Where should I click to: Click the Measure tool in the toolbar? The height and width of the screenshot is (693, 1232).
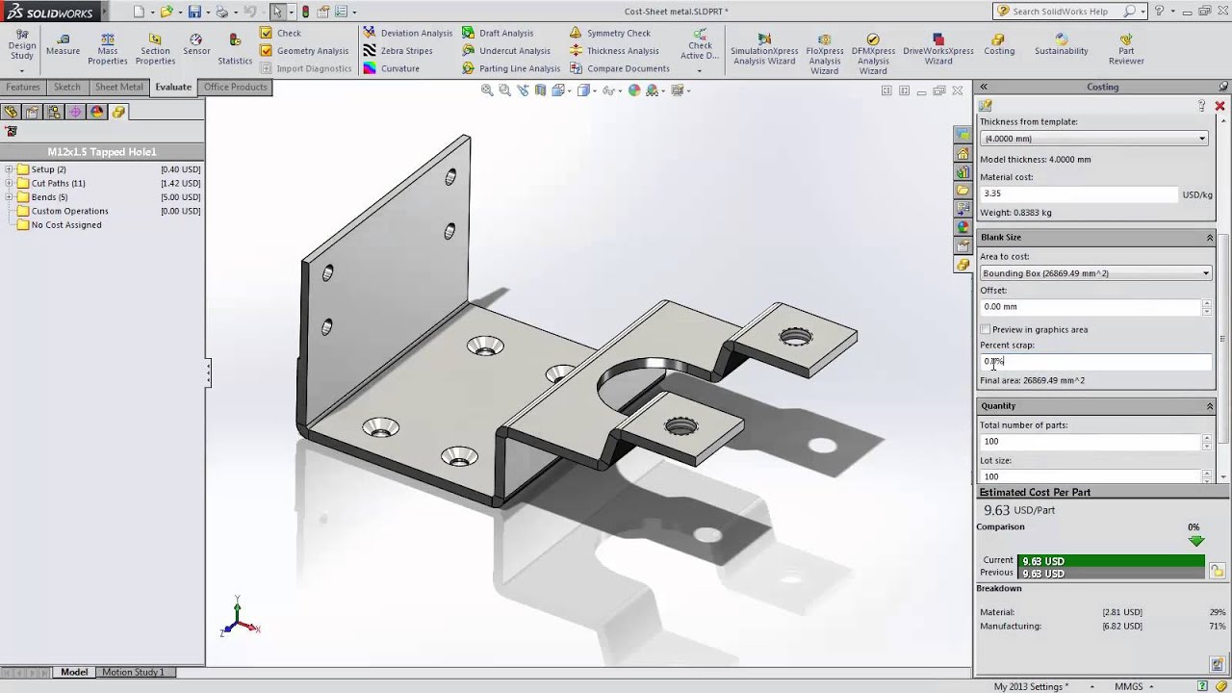63,44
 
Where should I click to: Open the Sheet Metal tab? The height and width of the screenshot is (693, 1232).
118,87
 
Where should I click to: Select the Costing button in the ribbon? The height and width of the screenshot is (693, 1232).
999,44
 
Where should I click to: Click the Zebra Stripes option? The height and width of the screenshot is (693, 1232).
406,51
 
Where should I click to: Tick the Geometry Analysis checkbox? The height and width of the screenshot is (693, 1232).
267,51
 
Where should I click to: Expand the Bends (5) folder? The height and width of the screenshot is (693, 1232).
9,197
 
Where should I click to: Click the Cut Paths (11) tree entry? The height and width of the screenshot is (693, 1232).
58,183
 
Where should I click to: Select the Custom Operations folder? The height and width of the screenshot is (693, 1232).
69,211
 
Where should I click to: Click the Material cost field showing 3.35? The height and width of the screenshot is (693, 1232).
1078,193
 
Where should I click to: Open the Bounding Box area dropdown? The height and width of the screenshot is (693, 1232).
1205,273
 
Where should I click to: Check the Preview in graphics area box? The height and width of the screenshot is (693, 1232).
985,329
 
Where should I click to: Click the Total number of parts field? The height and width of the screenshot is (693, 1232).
1090,442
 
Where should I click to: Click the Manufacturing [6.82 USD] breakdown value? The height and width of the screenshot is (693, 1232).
1122,626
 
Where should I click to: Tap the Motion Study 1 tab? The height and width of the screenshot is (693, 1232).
133,672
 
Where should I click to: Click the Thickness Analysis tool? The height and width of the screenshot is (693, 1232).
623,51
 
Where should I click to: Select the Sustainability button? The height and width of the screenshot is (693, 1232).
1061,44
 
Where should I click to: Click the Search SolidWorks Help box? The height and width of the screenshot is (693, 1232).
1066,12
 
